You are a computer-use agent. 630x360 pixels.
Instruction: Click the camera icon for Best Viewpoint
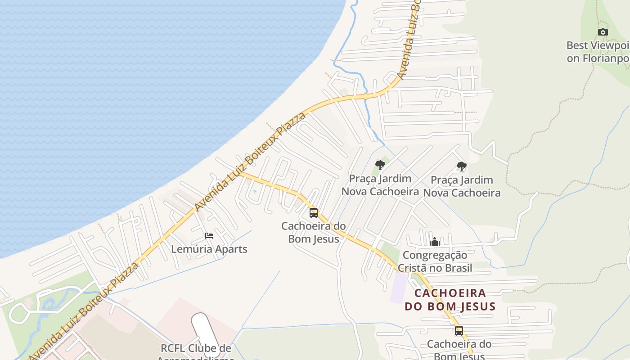[603, 32]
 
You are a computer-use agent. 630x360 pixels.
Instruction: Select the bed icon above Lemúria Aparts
[209, 236]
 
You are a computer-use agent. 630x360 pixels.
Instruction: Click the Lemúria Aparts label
[209, 249]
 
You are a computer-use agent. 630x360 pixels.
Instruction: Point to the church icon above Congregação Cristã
[434, 242]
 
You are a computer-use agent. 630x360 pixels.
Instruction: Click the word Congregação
[435, 255]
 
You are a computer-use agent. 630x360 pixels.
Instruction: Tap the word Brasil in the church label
[457, 268]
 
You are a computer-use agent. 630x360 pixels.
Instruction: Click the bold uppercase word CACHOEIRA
[450, 293]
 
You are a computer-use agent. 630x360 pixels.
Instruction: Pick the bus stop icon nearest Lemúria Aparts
[313, 213]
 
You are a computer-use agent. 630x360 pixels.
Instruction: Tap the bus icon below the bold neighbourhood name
[459, 331]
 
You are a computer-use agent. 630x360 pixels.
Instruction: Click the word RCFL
[173, 348]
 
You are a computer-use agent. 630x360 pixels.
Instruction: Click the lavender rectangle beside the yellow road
[398, 288]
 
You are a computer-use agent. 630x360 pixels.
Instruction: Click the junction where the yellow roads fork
[242, 173]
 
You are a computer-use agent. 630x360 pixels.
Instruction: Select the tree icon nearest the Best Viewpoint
[461, 166]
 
